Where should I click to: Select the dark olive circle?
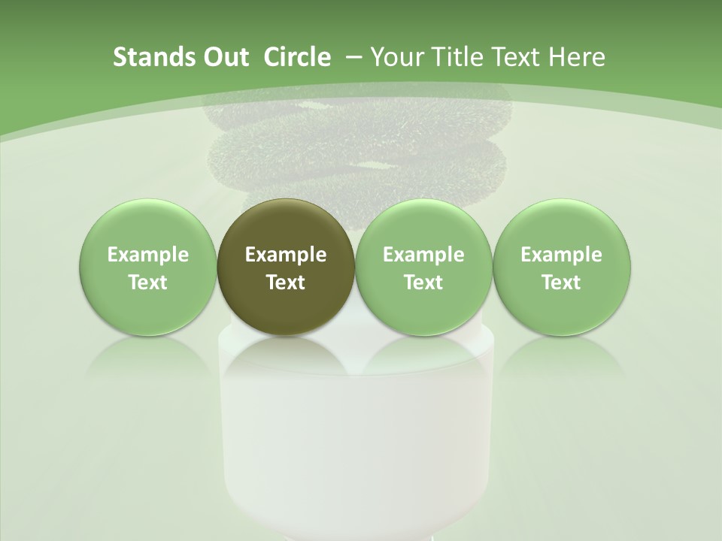pyautogui.click(x=286, y=267)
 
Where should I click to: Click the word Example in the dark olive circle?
pyautogui.click(x=286, y=255)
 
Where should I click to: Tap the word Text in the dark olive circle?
pyautogui.click(x=286, y=283)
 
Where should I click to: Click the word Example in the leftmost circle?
pyautogui.click(x=147, y=255)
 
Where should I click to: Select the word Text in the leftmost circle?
pyautogui.click(x=147, y=283)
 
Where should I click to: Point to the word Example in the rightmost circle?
pyautogui.click(x=561, y=255)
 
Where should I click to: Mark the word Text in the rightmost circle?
pyautogui.click(x=561, y=283)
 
